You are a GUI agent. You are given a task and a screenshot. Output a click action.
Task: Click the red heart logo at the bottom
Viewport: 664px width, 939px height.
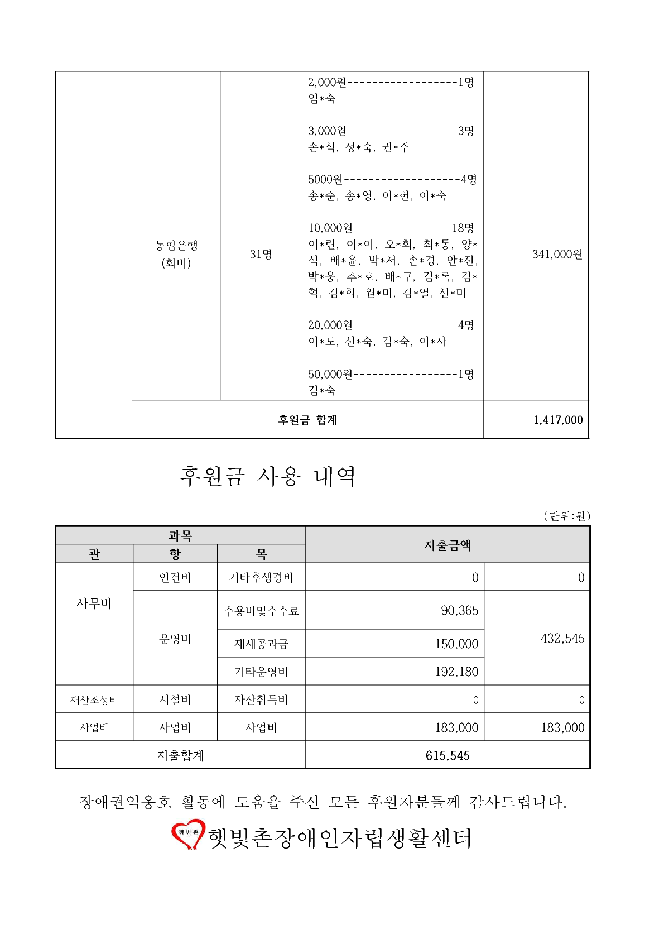(x=187, y=834)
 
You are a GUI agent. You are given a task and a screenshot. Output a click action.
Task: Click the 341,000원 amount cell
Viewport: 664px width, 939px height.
(x=557, y=255)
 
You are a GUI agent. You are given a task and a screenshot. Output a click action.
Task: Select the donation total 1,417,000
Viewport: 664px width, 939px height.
(x=557, y=420)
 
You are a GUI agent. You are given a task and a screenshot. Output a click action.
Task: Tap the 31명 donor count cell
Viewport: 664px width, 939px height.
(x=261, y=255)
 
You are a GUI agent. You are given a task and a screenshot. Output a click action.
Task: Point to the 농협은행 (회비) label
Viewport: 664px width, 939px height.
(x=176, y=254)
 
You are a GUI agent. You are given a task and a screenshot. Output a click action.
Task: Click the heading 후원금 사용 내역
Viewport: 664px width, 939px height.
(x=267, y=476)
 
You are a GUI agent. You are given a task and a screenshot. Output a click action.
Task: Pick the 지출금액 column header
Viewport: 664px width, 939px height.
(x=448, y=545)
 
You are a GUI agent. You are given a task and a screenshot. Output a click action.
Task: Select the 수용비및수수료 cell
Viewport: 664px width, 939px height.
(x=261, y=611)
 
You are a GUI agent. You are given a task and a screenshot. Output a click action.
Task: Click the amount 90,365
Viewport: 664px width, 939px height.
(x=459, y=611)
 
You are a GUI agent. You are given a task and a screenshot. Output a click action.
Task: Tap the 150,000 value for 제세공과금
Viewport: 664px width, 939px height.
(x=456, y=644)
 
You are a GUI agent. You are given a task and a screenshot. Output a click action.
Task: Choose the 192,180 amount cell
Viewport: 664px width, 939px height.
(x=456, y=672)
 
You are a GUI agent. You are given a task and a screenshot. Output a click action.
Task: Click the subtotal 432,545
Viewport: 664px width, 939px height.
(x=562, y=639)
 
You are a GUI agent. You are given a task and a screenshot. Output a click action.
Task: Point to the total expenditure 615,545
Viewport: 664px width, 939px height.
(x=448, y=756)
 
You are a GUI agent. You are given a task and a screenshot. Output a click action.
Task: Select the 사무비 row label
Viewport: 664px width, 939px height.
(x=94, y=603)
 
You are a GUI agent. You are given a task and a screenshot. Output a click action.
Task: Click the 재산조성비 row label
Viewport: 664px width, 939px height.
(x=94, y=700)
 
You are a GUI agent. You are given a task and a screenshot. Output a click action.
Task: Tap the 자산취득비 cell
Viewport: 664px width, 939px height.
(x=261, y=700)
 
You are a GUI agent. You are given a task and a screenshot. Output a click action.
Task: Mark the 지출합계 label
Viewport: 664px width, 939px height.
(x=180, y=756)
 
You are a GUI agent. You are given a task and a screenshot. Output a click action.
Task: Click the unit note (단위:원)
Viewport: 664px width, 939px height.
(x=566, y=516)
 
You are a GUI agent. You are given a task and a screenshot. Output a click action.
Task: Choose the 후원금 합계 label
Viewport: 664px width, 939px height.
(x=307, y=420)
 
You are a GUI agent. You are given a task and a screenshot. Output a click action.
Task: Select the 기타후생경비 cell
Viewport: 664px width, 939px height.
(x=261, y=578)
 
